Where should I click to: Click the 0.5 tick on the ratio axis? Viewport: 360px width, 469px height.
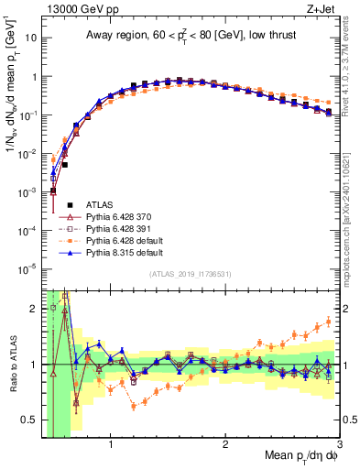click(29, 420)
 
